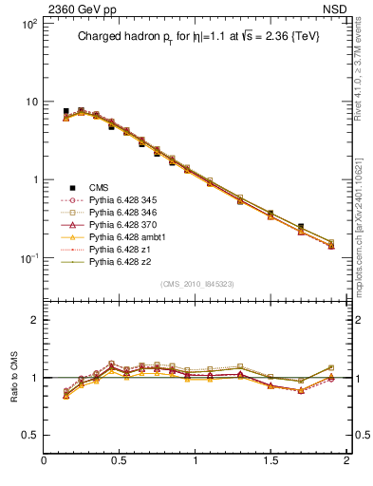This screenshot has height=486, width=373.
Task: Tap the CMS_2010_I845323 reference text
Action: [195, 284]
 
